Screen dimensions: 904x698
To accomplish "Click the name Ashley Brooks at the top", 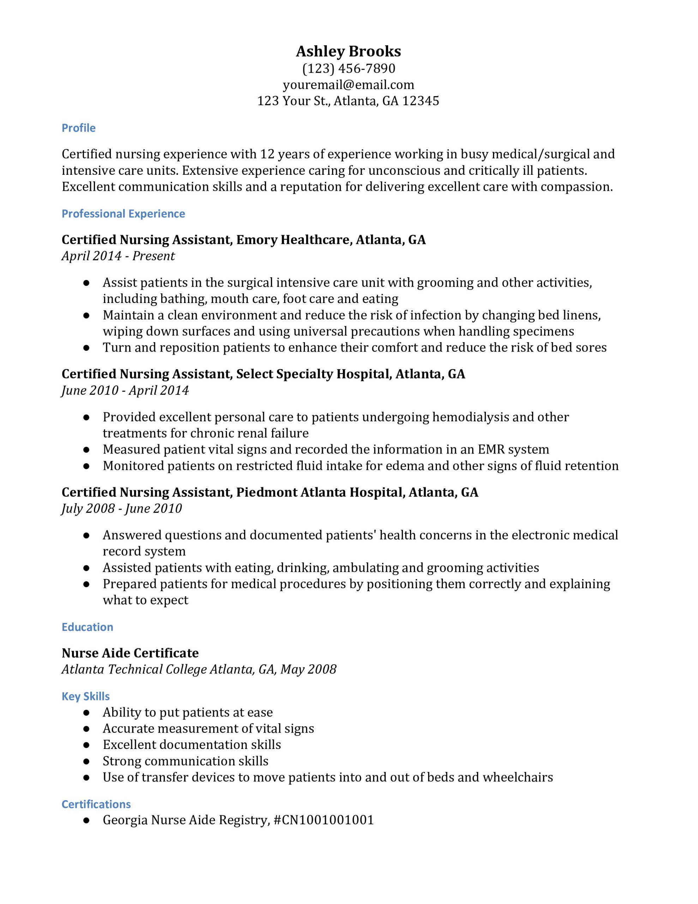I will (348, 51).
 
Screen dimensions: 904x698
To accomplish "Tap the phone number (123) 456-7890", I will (348, 68).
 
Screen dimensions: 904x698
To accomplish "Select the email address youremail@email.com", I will (348, 85).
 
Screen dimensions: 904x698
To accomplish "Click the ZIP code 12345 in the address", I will (420, 101).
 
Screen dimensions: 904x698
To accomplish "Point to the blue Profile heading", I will (79, 128).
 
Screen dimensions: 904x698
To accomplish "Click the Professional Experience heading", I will (123, 214).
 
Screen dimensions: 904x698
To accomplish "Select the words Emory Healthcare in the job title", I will (293, 240).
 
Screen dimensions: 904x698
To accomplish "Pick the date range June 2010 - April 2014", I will (125, 390).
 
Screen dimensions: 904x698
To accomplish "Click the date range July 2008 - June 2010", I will (122, 508).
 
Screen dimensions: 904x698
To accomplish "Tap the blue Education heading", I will (87, 627).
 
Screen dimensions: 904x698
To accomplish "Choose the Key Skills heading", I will (86, 696).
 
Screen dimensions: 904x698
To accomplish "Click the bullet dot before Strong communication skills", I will (86, 761).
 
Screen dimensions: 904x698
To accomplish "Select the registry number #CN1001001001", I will (324, 820).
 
